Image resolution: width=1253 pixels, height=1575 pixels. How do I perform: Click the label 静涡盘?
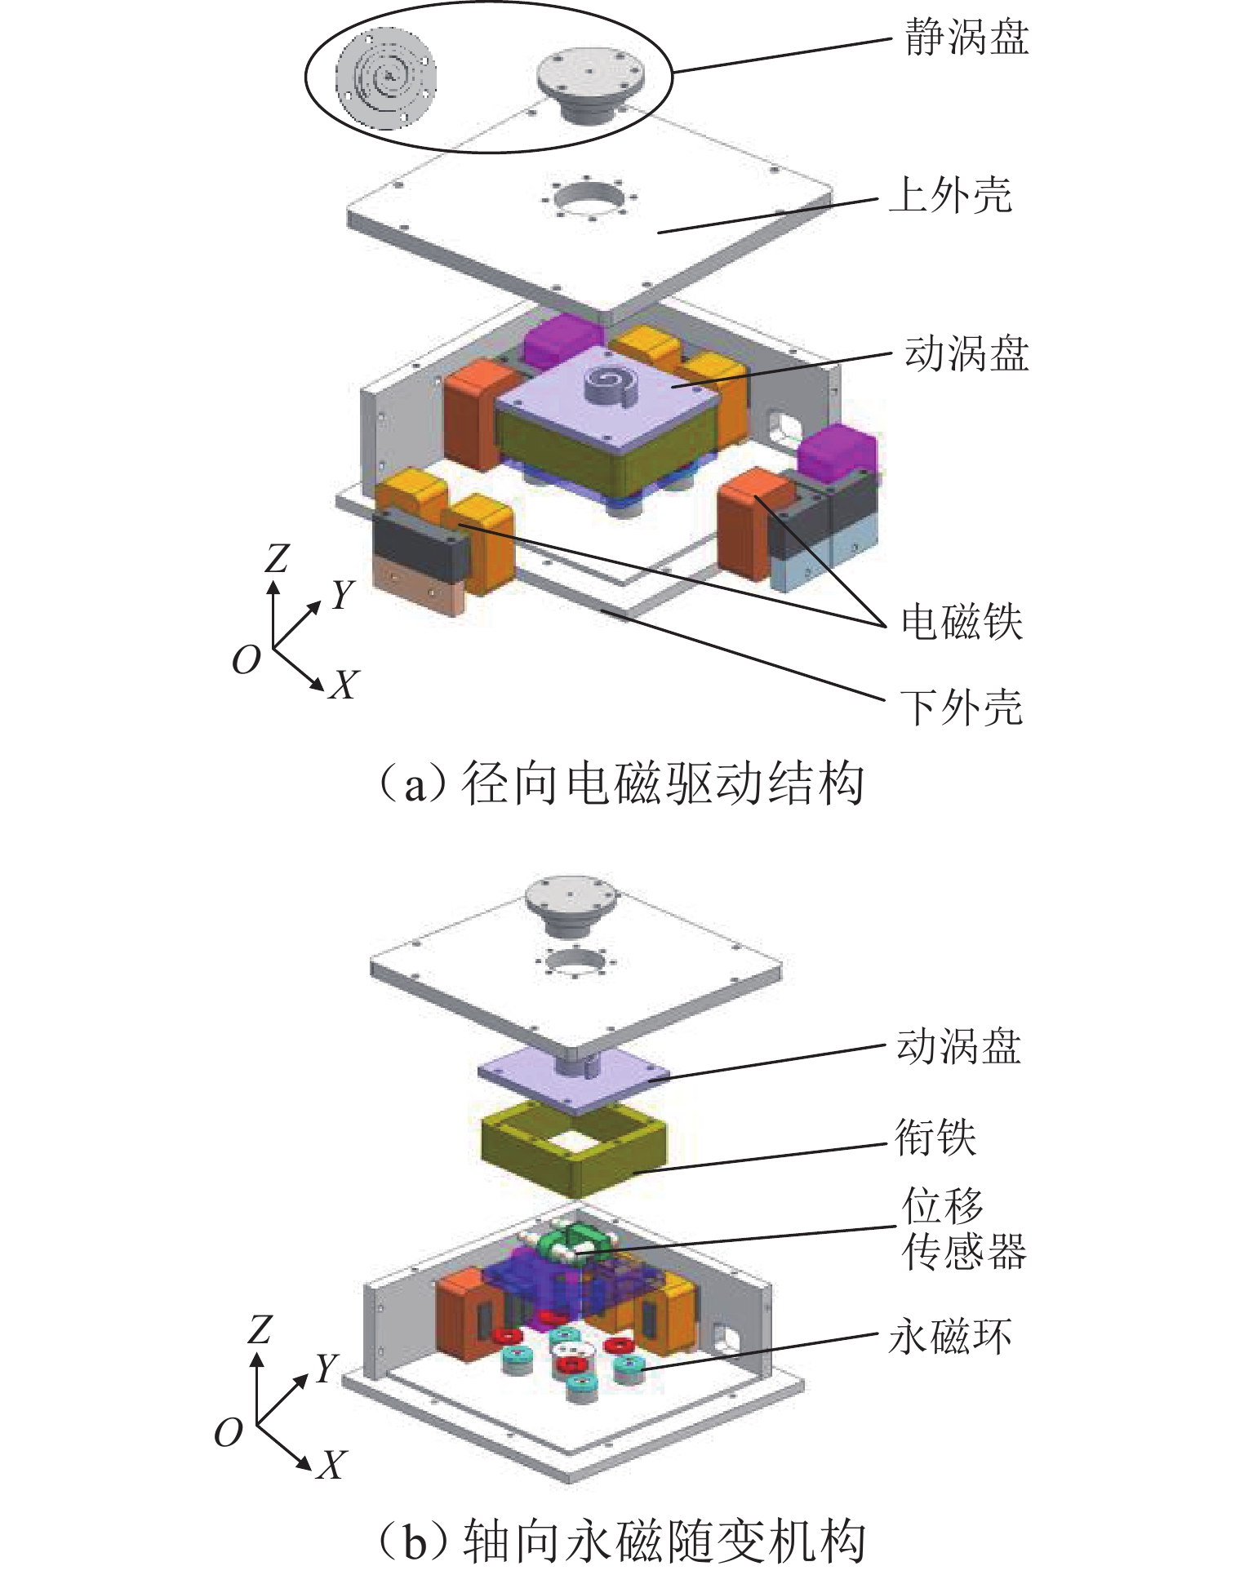coord(966,38)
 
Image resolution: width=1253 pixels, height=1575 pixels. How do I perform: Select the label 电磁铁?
coord(961,623)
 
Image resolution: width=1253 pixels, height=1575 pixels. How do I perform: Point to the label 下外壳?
coord(961,707)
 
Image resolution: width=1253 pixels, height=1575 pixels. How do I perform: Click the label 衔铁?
coord(935,1137)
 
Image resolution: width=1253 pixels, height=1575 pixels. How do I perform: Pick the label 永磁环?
coord(949,1336)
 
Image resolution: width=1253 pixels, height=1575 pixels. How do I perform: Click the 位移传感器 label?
coord(963,1228)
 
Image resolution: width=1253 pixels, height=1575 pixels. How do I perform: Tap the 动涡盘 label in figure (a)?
coord(966,354)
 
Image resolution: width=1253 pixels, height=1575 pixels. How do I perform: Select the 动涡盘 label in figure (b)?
coord(958,1046)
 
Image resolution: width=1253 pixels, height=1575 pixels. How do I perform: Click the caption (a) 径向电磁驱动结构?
coord(620,784)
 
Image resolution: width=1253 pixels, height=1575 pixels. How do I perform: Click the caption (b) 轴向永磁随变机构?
coord(620,1541)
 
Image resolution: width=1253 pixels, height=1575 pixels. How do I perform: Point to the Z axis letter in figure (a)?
coord(277,559)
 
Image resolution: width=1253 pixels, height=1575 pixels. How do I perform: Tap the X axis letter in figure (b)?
coord(331,1465)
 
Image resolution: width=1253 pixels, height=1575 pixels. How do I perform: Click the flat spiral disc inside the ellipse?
coord(386,80)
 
